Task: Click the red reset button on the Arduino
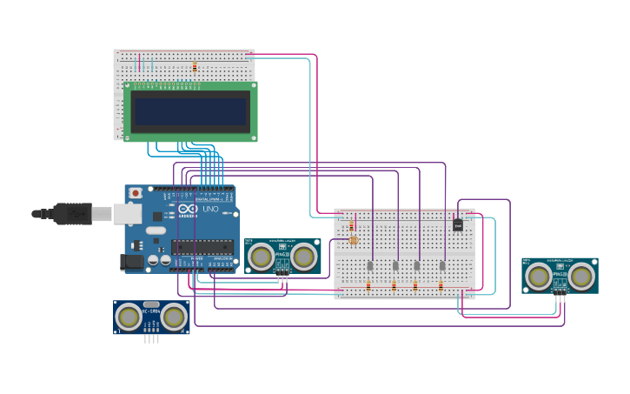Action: point(135,192)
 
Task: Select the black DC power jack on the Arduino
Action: point(132,260)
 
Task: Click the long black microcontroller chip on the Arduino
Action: point(204,249)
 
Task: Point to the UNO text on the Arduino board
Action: point(211,210)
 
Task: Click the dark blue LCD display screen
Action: point(190,111)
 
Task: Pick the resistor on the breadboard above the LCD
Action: point(195,66)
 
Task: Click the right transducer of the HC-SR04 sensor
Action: point(174,317)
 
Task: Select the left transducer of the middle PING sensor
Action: point(261,257)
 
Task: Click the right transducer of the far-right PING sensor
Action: point(581,276)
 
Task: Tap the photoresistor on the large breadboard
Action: point(353,240)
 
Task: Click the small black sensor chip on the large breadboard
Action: point(458,226)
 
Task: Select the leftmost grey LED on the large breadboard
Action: point(369,265)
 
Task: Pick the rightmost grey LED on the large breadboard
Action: point(442,265)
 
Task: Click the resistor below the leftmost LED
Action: point(369,285)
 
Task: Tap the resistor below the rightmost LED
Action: point(441,285)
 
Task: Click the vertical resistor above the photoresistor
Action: point(352,225)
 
